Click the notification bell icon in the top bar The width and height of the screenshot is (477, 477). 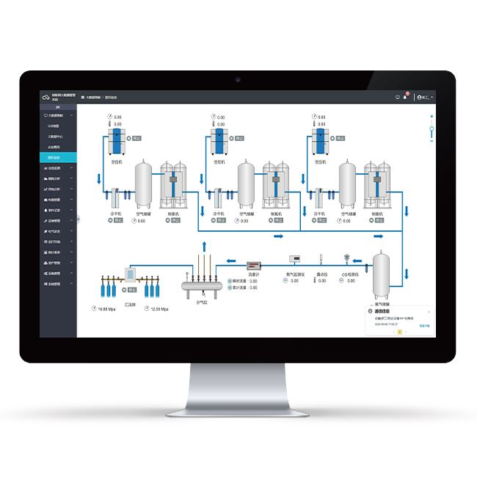point(404,97)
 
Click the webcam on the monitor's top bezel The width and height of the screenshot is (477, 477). point(238,79)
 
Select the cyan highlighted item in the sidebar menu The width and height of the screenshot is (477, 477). point(58,157)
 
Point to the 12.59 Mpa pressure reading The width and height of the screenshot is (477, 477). point(159,309)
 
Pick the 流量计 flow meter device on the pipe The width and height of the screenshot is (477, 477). point(254,265)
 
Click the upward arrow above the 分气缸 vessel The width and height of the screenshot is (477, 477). point(204,245)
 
